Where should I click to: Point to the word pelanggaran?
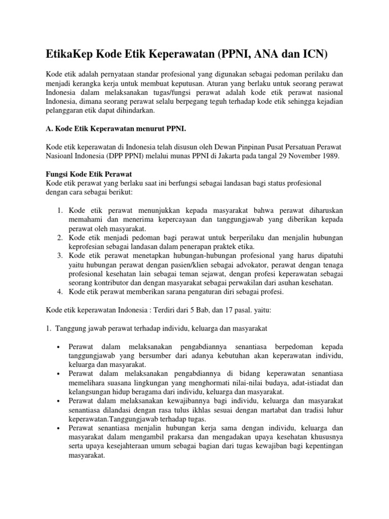[65, 111]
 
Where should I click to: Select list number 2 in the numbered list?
[60, 237]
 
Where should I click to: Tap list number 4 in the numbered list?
[60, 292]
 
